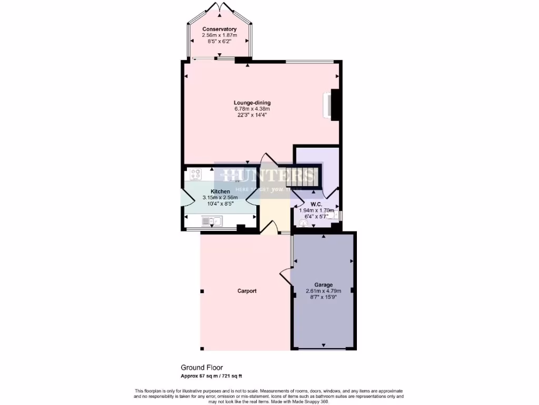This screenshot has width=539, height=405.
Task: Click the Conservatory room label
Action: [x=219, y=29]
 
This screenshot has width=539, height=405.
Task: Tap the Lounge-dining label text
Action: [x=252, y=103]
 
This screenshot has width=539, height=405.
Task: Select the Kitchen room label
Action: [x=220, y=191]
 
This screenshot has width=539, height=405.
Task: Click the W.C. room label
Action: [x=316, y=204]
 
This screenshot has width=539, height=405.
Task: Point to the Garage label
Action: [x=324, y=285]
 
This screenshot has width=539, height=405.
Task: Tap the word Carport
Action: [x=247, y=291]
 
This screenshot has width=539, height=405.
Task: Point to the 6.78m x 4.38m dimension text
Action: [x=252, y=109]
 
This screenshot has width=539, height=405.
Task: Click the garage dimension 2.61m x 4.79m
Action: [x=324, y=291]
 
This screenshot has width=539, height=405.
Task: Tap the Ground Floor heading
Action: [x=202, y=368]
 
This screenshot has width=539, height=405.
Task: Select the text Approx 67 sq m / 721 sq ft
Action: [x=212, y=375]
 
